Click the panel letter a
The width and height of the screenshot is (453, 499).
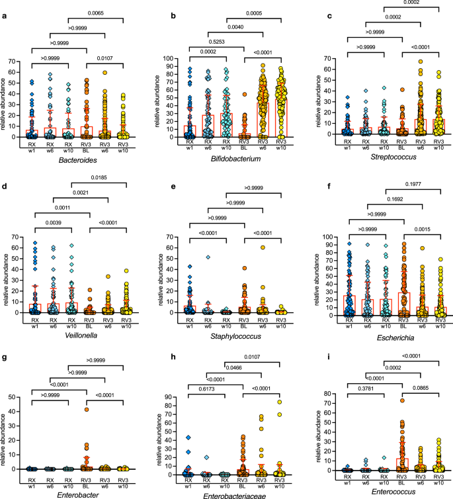pyautogui.click(x=4, y=6)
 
